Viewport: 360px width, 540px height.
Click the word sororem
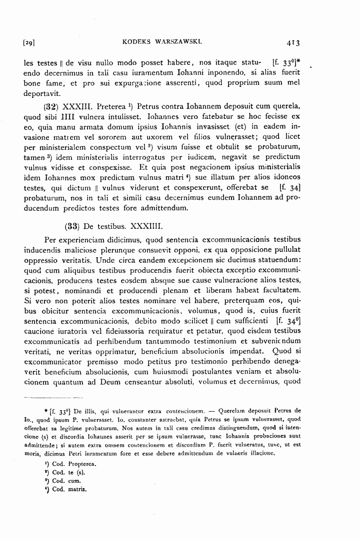pyautogui.click(x=99, y=148)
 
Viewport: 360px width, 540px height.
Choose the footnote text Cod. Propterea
pyautogui.click(x=73, y=464)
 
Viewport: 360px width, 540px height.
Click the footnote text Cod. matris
pyautogui.click(x=69, y=489)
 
